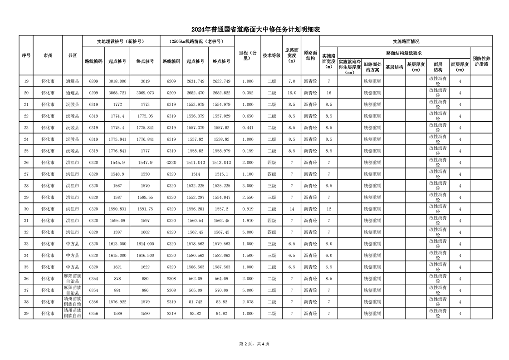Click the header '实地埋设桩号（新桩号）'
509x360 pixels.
(121, 41)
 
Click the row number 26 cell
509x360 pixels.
(26, 163)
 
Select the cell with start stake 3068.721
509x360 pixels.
(117, 93)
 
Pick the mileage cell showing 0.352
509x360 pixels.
(248, 93)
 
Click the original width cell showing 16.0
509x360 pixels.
(292, 93)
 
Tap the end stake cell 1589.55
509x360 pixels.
(145, 197)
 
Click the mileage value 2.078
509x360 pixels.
(248, 302)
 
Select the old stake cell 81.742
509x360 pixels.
(195, 302)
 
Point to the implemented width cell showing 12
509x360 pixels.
(328, 209)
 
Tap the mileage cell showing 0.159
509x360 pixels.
(248, 151)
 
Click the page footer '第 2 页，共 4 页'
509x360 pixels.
(254, 344)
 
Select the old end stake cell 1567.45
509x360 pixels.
(221, 232)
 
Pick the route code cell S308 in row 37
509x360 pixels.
(171, 290)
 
